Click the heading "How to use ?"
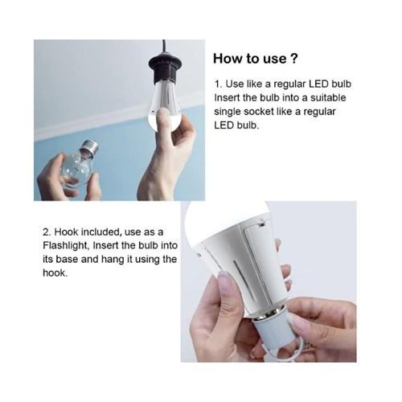pos(255,59)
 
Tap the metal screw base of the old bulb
pos(91,146)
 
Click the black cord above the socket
pos(164,47)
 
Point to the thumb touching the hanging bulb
pos(162,118)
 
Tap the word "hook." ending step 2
pos(55,273)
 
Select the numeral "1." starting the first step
pos(218,84)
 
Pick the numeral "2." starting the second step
pos(47,232)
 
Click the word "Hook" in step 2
pos(67,232)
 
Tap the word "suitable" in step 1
pos(328,97)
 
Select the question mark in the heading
pos(293,59)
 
